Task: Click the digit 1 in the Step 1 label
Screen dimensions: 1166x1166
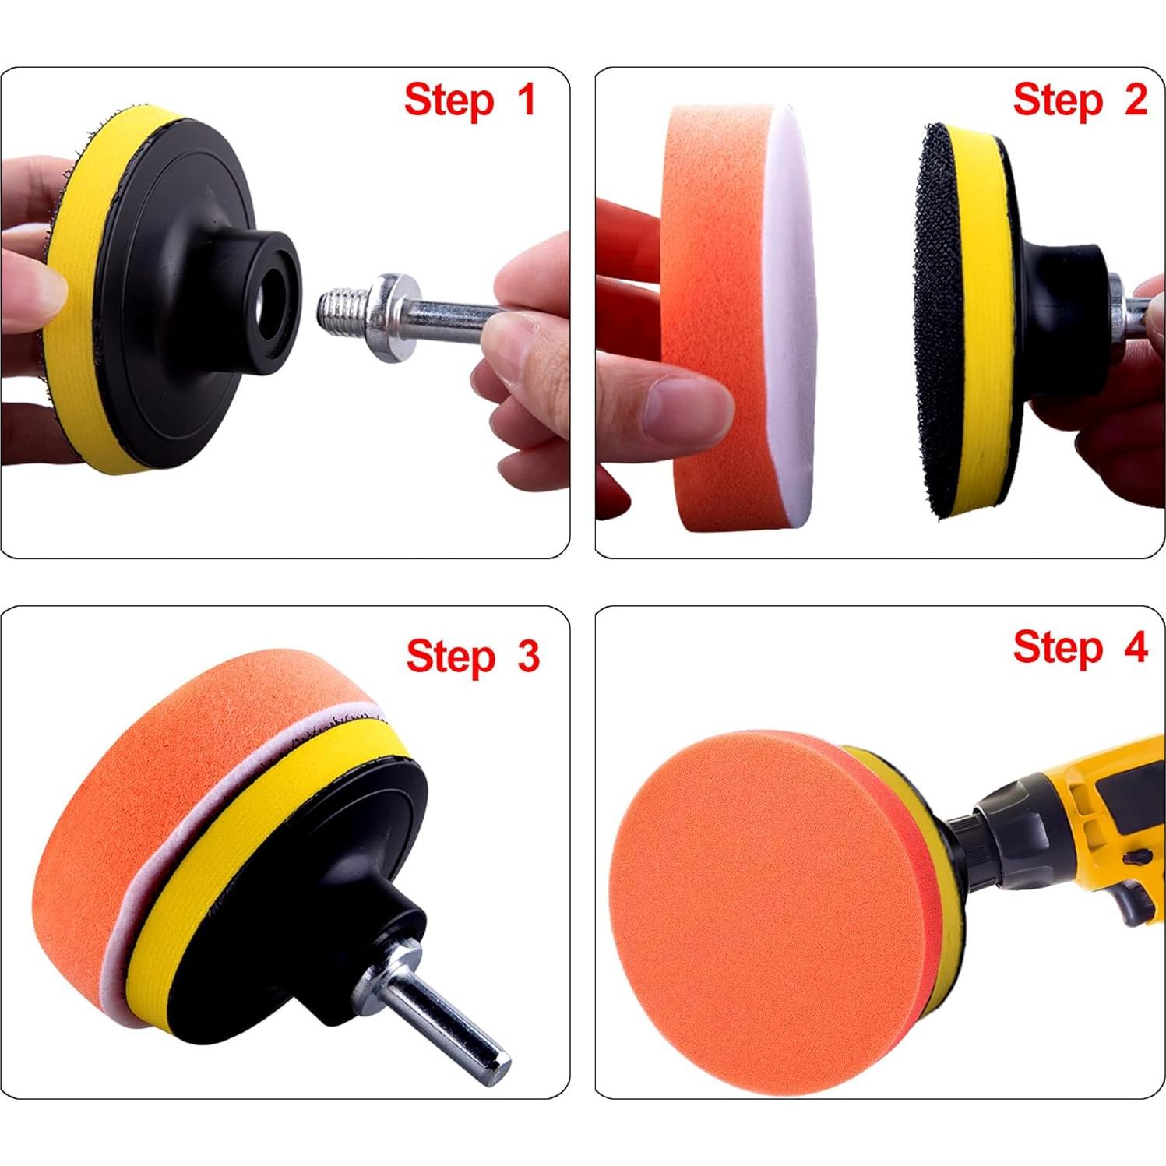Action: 526,100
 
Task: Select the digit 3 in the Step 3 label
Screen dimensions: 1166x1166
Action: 528,656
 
